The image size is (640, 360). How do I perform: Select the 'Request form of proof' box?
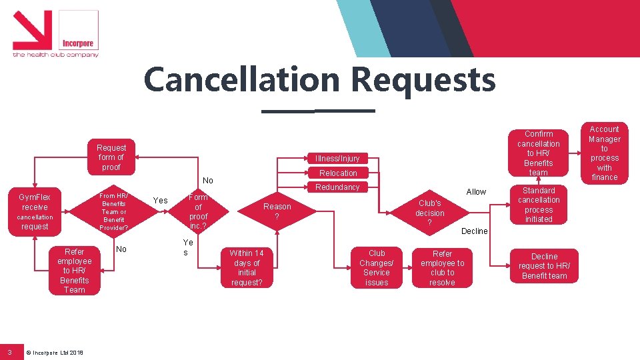click(111, 157)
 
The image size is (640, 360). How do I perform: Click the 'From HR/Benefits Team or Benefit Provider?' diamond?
click(113, 211)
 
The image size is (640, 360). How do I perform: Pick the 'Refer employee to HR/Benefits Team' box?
click(75, 270)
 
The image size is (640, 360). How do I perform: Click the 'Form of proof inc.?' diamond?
click(198, 211)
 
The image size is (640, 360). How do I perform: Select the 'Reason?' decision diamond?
click(277, 211)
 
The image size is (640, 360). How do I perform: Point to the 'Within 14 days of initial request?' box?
click(246, 267)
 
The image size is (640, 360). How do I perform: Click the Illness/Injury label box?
click(338, 159)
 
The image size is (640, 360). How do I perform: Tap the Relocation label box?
click(338, 173)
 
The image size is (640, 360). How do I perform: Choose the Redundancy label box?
click(337, 187)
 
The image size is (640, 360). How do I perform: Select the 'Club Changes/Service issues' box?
click(377, 267)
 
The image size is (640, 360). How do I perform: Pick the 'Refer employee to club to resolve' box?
click(442, 267)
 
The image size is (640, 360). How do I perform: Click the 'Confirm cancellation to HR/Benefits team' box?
click(539, 153)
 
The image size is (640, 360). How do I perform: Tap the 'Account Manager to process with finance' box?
click(604, 153)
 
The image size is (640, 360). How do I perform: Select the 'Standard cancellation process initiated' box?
click(539, 205)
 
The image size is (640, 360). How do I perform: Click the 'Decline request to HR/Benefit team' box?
click(544, 266)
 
